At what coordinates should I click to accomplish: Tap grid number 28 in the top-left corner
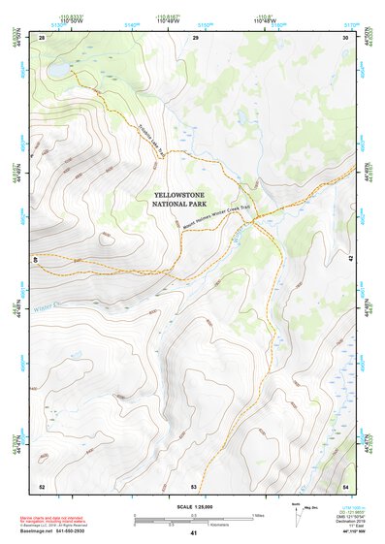[x=42, y=37]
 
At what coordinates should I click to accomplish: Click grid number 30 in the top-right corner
[x=345, y=37]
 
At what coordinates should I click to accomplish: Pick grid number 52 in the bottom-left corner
[x=42, y=485]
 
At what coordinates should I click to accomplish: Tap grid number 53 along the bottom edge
[x=194, y=485]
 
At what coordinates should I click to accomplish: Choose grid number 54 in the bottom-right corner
[x=345, y=485]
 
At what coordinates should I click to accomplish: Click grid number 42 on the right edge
[x=350, y=259]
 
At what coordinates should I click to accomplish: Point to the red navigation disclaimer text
[x=58, y=518]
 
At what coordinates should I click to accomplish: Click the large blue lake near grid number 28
[x=55, y=71]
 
